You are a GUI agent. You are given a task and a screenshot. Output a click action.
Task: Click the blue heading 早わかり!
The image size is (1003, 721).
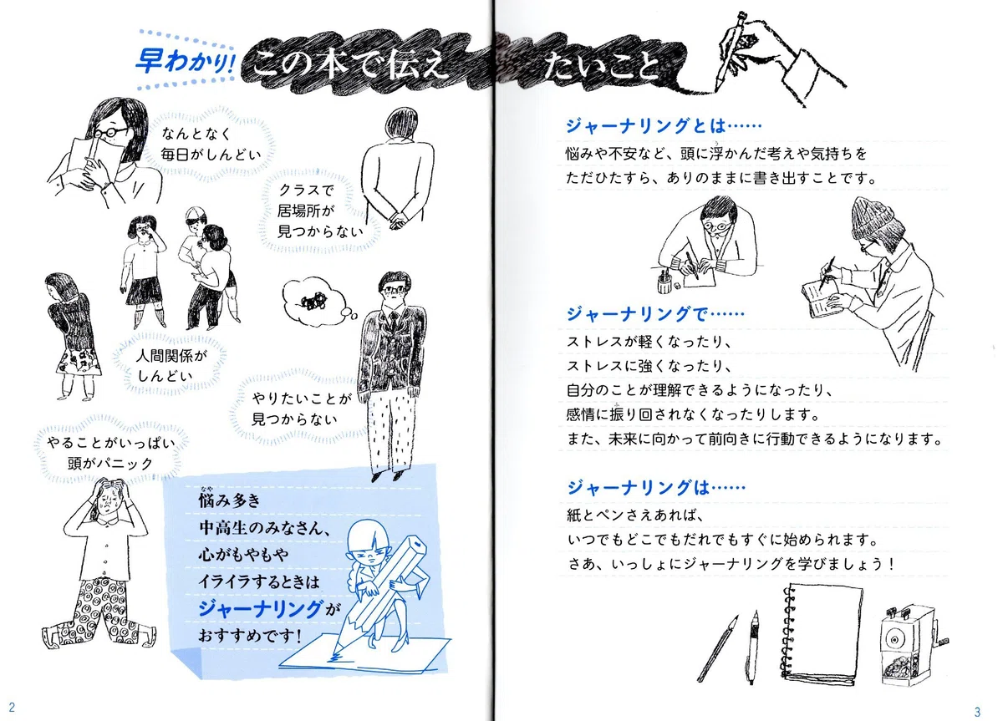(185, 61)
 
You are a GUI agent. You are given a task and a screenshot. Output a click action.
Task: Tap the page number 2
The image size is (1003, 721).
(12, 707)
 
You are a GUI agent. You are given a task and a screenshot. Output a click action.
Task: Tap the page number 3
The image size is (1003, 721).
(977, 712)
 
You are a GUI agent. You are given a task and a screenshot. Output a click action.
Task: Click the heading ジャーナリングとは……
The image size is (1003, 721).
(664, 126)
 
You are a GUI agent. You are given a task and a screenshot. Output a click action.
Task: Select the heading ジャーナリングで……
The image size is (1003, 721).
(655, 314)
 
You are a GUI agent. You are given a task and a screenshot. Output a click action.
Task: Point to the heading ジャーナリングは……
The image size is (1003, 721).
(656, 487)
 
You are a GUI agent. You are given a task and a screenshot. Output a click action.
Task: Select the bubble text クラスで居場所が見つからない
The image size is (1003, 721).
(319, 211)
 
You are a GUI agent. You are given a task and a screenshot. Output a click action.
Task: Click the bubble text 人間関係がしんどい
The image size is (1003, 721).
(171, 366)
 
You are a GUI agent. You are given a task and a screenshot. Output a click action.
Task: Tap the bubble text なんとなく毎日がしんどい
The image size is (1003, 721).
(211, 144)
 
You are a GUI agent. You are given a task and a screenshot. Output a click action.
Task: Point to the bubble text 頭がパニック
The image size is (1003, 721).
(110, 463)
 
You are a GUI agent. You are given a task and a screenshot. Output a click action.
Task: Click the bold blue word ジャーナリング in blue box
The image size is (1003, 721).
(260, 608)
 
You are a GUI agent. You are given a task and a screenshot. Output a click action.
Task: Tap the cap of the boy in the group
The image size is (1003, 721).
(195, 215)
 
